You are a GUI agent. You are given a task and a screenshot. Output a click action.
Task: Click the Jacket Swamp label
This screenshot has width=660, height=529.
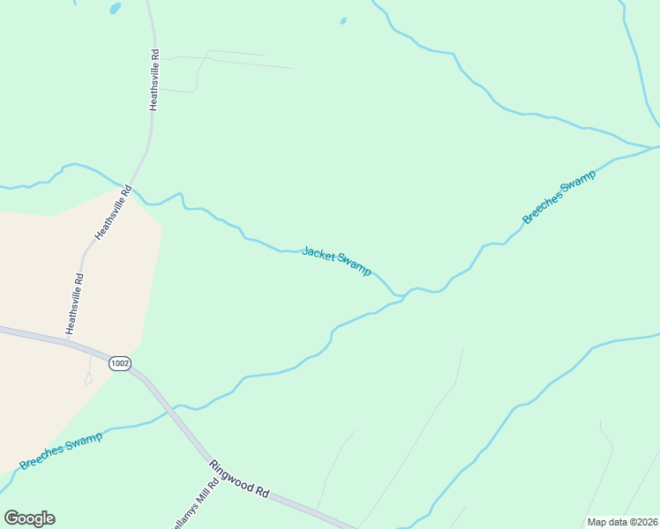[336, 261]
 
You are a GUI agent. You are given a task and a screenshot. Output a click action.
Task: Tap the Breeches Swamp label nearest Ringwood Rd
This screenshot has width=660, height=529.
[60, 451]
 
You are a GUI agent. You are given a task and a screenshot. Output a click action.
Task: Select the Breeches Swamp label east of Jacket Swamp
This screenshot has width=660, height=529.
[559, 197]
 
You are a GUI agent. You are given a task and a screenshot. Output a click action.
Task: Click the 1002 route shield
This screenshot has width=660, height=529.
[120, 362]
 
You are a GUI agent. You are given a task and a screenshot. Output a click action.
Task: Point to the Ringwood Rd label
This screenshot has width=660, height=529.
[238, 476]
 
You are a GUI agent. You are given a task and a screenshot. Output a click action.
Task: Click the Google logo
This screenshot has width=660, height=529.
[29, 518]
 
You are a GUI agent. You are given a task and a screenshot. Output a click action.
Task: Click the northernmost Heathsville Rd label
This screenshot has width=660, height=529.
[154, 79]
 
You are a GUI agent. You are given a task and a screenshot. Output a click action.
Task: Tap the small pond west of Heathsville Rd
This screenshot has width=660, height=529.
[115, 9]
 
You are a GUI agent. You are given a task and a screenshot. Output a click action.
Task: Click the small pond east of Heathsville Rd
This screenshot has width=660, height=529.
[343, 20]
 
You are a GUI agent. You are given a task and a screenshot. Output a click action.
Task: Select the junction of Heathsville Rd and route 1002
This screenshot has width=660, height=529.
[68, 341]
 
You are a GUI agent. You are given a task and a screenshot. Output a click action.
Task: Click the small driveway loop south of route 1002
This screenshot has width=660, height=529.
[87, 379]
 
